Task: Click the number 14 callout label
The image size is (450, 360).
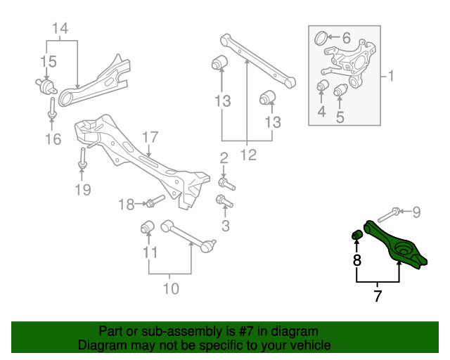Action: click(x=60, y=29)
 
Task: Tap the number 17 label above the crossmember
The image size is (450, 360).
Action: click(x=151, y=136)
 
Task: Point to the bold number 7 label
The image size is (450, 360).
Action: click(x=378, y=296)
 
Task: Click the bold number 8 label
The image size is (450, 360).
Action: click(x=357, y=261)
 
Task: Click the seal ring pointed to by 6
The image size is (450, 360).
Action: click(x=320, y=37)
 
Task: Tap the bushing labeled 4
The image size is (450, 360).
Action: click(x=323, y=86)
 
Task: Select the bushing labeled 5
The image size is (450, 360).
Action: click(x=342, y=91)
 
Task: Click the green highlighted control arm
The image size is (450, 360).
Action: click(x=397, y=247)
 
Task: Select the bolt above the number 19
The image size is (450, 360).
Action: click(x=83, y=157)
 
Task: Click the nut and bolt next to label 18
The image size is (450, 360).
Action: click(x=153, y=203)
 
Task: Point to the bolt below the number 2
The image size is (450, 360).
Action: click(x=226, y=184)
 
